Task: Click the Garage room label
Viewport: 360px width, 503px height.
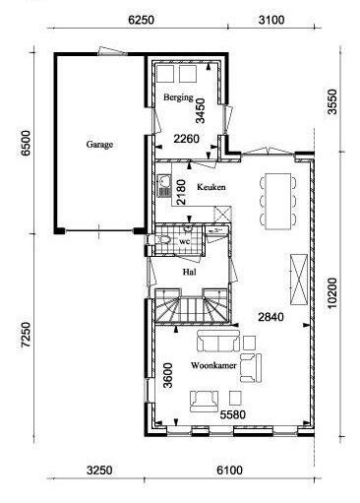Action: pyautogui.click(x=99, y=145)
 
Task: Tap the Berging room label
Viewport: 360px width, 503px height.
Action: pyautogui.click(x=178, y=97)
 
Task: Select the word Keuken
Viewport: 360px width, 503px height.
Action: pyautogui.click(x=211, y=187)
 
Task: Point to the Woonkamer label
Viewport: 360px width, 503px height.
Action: pyautogui.click(x=213, y=365)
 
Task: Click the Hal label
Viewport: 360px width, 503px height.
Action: pyautogui.click(x=190, y=272)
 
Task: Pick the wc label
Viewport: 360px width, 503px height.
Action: pyautogui.click(x=185, y=242)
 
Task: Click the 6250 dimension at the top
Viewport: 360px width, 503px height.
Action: pyautogui.click(x=141, y=20)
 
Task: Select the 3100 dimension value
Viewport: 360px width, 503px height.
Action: pyautogui.click(x=271, y=20)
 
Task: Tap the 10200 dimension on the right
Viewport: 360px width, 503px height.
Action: pyautogui.click(x=332, y=293)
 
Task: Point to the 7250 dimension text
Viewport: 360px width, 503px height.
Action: pyautogui.click(x=26, y=335)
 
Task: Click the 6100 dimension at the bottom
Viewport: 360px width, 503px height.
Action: pyautogui.click(x=229, y=471)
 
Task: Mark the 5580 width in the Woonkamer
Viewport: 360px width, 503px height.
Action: pyautogui.click(x=232, y=414)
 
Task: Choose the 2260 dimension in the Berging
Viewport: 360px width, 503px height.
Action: pyautogui.click(x=186, y=139)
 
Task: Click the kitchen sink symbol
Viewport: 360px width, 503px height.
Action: pyautogui.click(x=164, y=186)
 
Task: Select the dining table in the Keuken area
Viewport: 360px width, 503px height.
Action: pyautogui.click(x=278, y=201)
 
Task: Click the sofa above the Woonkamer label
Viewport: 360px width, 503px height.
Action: pyautogui.click(x=218, y=342)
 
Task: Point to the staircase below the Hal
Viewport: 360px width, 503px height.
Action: pyautogui.click(x=192, y=307)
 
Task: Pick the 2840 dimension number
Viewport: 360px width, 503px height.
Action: pyautogui.click(x=270, y=317)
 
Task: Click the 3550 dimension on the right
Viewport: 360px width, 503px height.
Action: pyautogui.click(x=332, y=101)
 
